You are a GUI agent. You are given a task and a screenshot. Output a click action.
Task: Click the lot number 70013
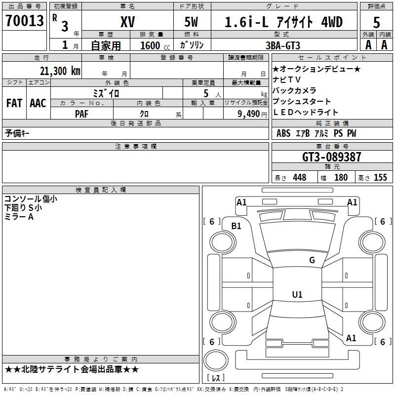coord(25,21)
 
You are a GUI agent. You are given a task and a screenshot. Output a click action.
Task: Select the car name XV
coord(127,22)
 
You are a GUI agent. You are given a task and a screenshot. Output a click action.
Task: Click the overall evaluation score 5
coord(377,22)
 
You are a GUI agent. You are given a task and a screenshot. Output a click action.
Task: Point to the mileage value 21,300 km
coord(58,71)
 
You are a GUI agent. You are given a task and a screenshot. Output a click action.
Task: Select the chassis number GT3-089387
coord(332,157)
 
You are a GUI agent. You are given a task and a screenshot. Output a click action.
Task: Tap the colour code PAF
coord(81,114)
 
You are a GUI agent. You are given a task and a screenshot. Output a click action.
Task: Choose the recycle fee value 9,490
coord(248,114)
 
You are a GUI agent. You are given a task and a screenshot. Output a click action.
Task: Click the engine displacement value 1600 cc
coord(154,45)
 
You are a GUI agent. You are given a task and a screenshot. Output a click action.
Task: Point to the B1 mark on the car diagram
coord(237,226)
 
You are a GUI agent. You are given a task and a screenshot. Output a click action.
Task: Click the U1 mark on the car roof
coord(297,295)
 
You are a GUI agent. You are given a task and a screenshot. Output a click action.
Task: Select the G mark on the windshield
coord(312,260)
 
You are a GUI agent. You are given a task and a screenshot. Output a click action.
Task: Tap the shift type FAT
coord(14,103)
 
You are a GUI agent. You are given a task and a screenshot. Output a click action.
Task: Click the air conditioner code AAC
coord(38,103)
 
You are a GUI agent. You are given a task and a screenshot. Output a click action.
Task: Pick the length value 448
coord(299,177)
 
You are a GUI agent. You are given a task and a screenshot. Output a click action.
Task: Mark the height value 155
coord(380,177)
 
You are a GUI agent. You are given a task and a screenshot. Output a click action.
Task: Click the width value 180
coord(341,177)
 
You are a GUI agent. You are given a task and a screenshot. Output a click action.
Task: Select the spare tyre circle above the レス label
coord(215,361)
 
